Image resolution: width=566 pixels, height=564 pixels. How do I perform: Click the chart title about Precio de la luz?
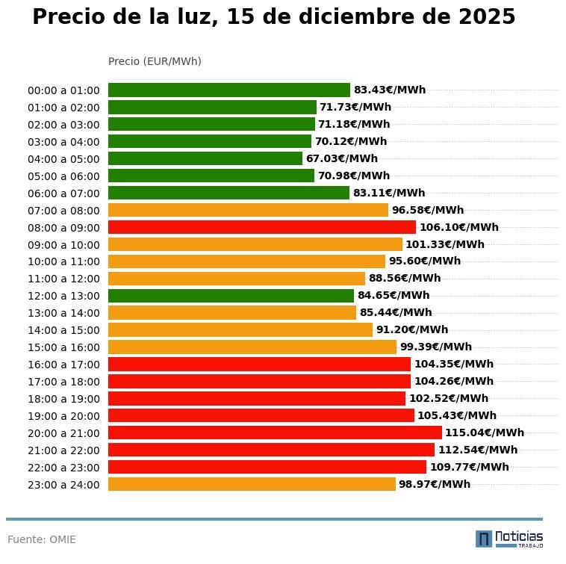[x=273, y=17]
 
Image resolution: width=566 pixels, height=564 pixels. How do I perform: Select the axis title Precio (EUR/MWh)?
[x=155, y=61]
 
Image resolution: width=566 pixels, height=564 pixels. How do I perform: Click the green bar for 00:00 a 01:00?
[x=228, y=90]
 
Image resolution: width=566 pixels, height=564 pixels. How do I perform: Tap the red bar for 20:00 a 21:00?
[x=275, y=433]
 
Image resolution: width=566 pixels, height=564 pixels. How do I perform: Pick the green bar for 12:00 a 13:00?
[x=231, y=296]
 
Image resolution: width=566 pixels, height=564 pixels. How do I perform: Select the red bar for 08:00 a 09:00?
[x=261, y=227]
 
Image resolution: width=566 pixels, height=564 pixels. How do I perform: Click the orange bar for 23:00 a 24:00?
[x=252, y=484]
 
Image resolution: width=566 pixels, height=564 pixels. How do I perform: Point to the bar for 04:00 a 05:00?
[x=205, y=158]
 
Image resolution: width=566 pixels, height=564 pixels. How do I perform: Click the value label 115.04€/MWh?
[x=485, y=433]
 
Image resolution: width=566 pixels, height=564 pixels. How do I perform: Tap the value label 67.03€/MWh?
[x=341, y=158]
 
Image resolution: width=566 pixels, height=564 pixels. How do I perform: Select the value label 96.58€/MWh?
[x=427, y=210]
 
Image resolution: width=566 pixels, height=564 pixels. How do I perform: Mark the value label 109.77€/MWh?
[x=469, y=467]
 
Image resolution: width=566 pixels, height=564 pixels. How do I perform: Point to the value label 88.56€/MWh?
[x=404, y=279]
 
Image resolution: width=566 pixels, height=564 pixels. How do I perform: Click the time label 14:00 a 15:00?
[x=63, y=330]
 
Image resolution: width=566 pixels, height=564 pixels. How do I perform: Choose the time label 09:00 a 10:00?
[x=63, y=245]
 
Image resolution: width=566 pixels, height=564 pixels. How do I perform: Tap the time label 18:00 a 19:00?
[x=63, y=399]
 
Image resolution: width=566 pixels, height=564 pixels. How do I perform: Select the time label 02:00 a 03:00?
[x=63, y=125]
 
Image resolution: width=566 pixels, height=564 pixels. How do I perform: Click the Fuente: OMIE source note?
[x=42, y=539]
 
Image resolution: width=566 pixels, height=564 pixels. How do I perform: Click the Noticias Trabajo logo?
[x=509, y=539]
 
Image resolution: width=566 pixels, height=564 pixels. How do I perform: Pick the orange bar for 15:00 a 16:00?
[x=252, y=347]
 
